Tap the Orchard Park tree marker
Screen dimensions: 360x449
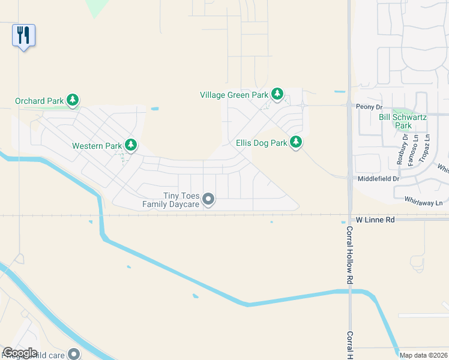(73, 100)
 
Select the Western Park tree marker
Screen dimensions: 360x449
(130, 145)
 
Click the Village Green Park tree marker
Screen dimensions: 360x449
(277, 94)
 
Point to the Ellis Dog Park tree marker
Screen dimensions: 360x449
(296, 142)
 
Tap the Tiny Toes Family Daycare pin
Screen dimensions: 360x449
(208, 199)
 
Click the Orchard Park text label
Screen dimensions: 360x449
(39, 101)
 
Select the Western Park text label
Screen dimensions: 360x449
(97, 146)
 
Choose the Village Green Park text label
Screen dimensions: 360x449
(234, 95)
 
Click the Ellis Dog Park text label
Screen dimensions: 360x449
(262, 143)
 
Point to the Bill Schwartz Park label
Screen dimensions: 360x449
(403, 121)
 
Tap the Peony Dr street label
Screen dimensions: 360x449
(369, 106)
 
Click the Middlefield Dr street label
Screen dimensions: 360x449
(378, 179)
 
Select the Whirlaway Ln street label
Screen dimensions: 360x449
(426, 202)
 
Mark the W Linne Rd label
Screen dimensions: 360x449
(375, 220)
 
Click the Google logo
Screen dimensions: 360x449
(20, 353)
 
